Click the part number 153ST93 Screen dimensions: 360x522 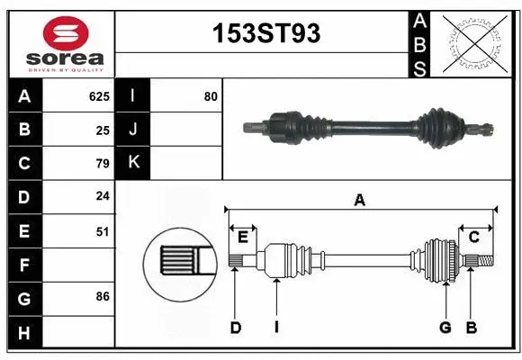tap(265, 34)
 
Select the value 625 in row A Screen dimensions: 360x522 tap(99, 96)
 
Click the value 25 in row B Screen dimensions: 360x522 tap(103, 130)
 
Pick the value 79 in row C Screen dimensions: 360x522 tap(103, 164)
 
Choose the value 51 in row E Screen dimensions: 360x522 tap(103, 231)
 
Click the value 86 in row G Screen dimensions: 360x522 tap(103, 295)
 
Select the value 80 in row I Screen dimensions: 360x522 tap(211, 96)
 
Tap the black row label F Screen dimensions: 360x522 tap(24, 265)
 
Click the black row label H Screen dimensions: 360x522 tap(24, 333)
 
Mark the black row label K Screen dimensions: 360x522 tap(133, 163)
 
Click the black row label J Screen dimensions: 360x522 tap(133, 130)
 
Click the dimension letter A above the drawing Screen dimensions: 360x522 tap(360, 201)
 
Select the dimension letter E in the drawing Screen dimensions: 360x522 tap(243, 236)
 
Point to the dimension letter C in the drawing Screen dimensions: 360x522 tap(473, 236)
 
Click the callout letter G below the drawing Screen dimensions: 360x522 tap(445, 328)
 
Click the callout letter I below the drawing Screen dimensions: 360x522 tap(276, 328)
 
